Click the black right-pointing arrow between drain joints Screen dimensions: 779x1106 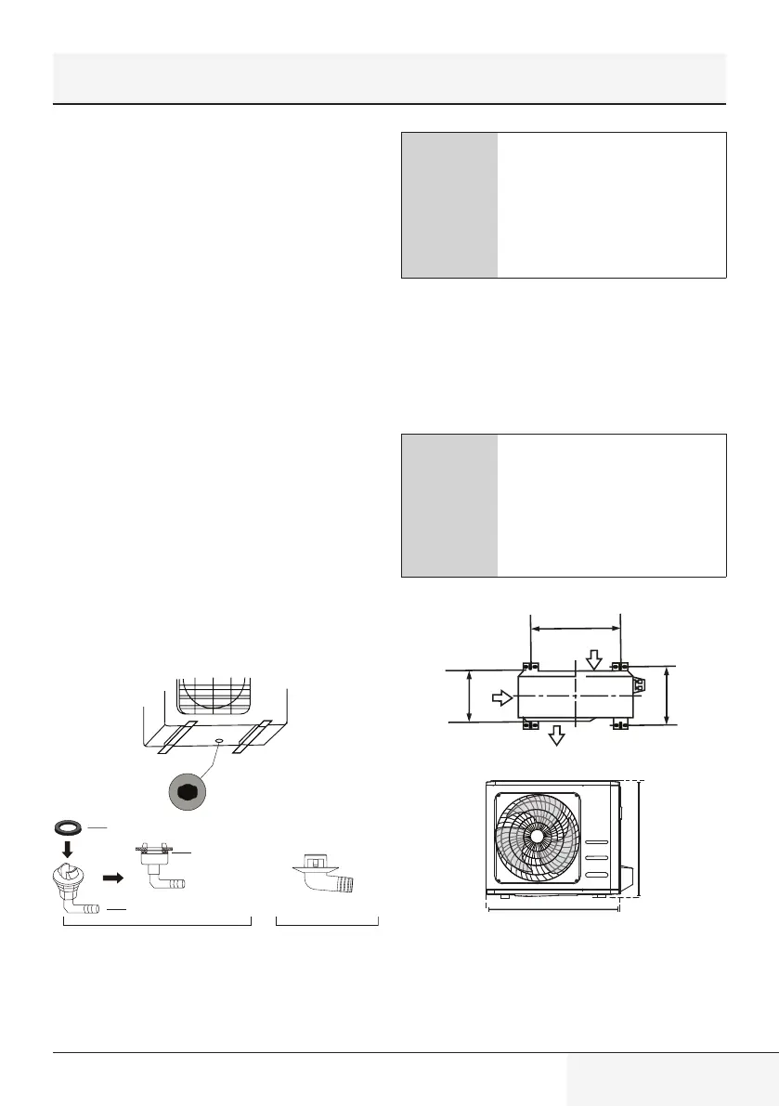click(x=111, y=877)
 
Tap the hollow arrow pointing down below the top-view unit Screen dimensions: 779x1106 click(x=556, y=735)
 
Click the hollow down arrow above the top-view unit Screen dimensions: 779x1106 click(x=594, y=658)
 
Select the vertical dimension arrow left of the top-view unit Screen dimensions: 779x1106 click(x=470, y=696)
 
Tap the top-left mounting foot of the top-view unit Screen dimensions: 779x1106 click(x=529, y=666)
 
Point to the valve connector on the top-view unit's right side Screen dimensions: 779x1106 click(x=639, y=685)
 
